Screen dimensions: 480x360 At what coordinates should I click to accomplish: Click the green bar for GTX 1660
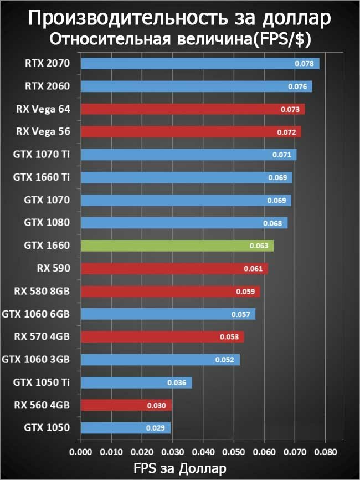click(x=177, y=246)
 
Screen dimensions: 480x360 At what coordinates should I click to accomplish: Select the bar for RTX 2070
click(x=200, y=64)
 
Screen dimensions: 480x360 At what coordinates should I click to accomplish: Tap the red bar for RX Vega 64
click(x=193, y=109)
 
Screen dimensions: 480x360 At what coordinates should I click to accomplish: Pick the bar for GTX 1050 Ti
click(x=136, y=382)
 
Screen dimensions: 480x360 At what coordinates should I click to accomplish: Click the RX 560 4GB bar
click(x=126, y=405)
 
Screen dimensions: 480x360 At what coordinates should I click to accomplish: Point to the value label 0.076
click(x=299, y=87)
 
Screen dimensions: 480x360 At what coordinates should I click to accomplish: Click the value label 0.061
click(x=254, y=269)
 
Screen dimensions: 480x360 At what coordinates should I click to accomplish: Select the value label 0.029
click(x=156, y=428)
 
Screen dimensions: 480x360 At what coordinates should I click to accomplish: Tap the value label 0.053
click(x=229, y=337)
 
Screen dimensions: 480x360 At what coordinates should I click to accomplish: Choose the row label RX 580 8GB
click(x=42, y=291)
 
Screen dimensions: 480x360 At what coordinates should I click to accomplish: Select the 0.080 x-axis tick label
click(x=326, y=451)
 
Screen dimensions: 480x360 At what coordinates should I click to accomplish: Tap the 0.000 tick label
click(x=81, y=451)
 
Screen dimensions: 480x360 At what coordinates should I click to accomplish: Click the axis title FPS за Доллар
click(x=180, y=468)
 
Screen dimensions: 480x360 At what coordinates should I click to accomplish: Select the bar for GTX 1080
click(x=184, y=223)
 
